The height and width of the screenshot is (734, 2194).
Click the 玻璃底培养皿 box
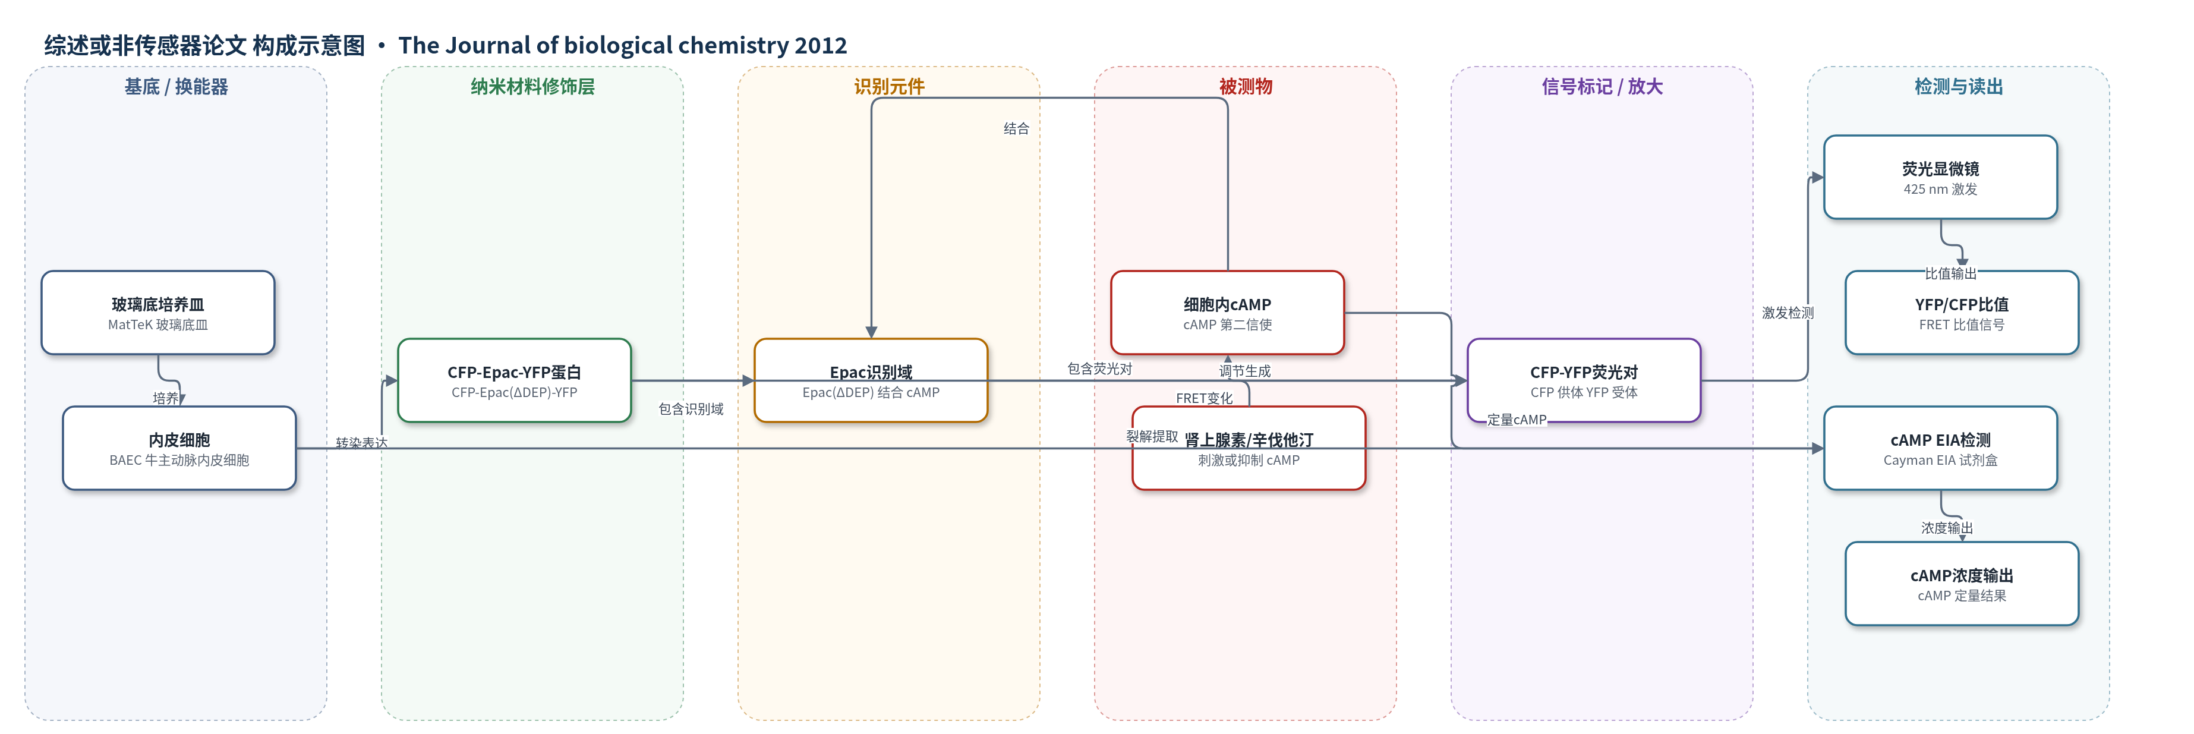pyautogui.click(x=157, y=313)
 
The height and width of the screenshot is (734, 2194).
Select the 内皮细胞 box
pyautogui.click(x=179, y=448)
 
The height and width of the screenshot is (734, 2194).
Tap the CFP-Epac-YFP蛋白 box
pyautogui.click(x=515, y=380)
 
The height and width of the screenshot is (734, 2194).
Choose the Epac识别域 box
pyautogui.click(x=871, y=380)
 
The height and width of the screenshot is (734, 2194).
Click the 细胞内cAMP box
pyautogui.click(x=1227, y=313)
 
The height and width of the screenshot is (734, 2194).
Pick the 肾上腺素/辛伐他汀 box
pyautogui.click(x=1249, y=448)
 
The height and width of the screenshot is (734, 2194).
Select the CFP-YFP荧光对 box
pyautogui.click(x=1584, y=380)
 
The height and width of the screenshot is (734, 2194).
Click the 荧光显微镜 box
pyautogui.click(x=1940, y=177)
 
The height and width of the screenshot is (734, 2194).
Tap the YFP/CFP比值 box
pyautogui.click(x=1962, y=313)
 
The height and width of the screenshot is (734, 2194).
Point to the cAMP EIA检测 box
pyautogui.click(x=1940, y=448)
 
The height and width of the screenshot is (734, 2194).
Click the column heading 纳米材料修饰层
pyautogui.click(x=532, y=86)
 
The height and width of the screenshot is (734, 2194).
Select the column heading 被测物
pyautogui.click(x=1245, y=86)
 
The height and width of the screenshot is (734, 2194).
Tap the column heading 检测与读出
pyautogui.click(x=1958, y=86)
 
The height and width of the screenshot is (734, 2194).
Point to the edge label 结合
pyautogui.click(x=1016, y=128)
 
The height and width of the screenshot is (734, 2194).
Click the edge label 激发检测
pyautogui.click(x=1788, y=313)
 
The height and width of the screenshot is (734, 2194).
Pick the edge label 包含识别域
pyautogui.click(x=691, y=409)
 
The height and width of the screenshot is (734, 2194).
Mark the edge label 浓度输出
pyautogui.click(x=1946, y=528)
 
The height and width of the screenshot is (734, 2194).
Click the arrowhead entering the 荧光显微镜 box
pyautogui.click(x=1818, y=177)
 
